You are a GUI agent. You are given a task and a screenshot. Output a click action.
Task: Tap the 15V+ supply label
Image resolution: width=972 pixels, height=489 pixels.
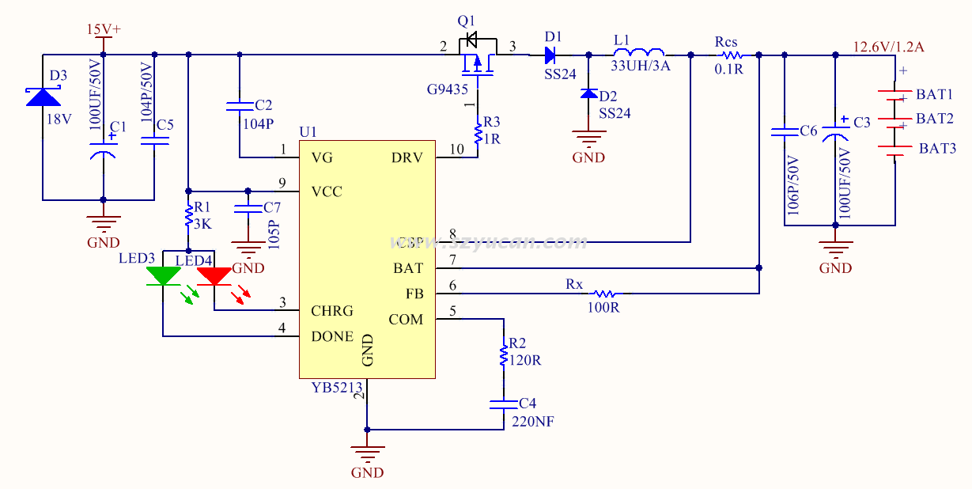(x=104, y=30)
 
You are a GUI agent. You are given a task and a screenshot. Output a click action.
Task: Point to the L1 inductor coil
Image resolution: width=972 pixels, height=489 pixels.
(x=639, y=53)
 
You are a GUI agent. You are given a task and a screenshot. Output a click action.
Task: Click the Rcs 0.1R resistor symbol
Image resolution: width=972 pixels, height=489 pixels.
(x=731, y=55)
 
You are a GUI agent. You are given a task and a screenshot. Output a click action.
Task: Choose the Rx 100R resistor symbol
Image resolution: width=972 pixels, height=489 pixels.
(x=605, y=294)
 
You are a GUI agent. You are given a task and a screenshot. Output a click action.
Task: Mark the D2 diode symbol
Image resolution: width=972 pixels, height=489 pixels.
(x=588, y=93)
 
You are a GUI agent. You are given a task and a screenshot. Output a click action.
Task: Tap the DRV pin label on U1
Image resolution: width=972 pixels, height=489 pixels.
(x=407, y=157)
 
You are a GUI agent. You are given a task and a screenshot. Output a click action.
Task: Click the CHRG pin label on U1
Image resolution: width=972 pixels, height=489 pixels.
(x=332, y=311)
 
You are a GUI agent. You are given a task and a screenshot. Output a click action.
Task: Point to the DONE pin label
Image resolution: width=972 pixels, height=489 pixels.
(x=332, y=336)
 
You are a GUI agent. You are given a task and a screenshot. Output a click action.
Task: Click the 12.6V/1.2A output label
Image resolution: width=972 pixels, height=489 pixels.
(x=888, y=47)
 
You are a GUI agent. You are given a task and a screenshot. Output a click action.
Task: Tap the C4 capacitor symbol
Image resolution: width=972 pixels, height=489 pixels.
(x=503, y=404)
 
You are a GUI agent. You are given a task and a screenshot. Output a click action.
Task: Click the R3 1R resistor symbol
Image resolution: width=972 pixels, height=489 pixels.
(x=478, y=134)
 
